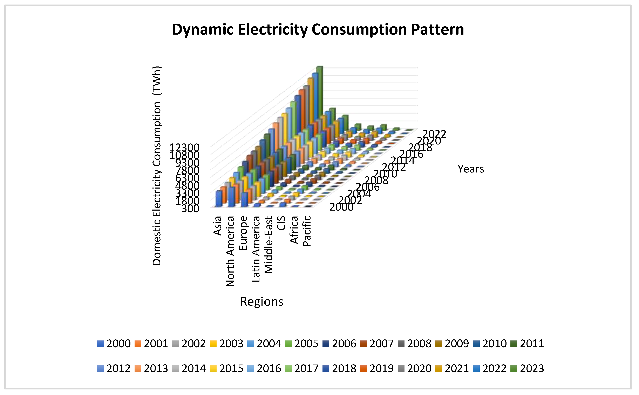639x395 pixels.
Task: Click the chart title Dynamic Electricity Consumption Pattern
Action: [318, 29]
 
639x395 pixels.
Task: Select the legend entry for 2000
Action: [114, 344]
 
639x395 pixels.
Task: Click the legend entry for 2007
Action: [377, 344]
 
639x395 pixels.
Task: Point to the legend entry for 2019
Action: [377, 368]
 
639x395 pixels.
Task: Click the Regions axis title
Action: [261, 302]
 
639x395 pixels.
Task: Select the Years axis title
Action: [471, 169]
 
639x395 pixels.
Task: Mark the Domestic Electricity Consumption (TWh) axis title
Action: [157, 166]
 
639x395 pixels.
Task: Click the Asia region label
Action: [218, 226]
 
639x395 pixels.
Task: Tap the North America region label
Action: [230, 251]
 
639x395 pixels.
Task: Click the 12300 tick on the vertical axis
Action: [185, 147]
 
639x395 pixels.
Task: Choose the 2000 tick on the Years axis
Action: [341, 207]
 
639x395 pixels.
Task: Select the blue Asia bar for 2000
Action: [219, 199]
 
